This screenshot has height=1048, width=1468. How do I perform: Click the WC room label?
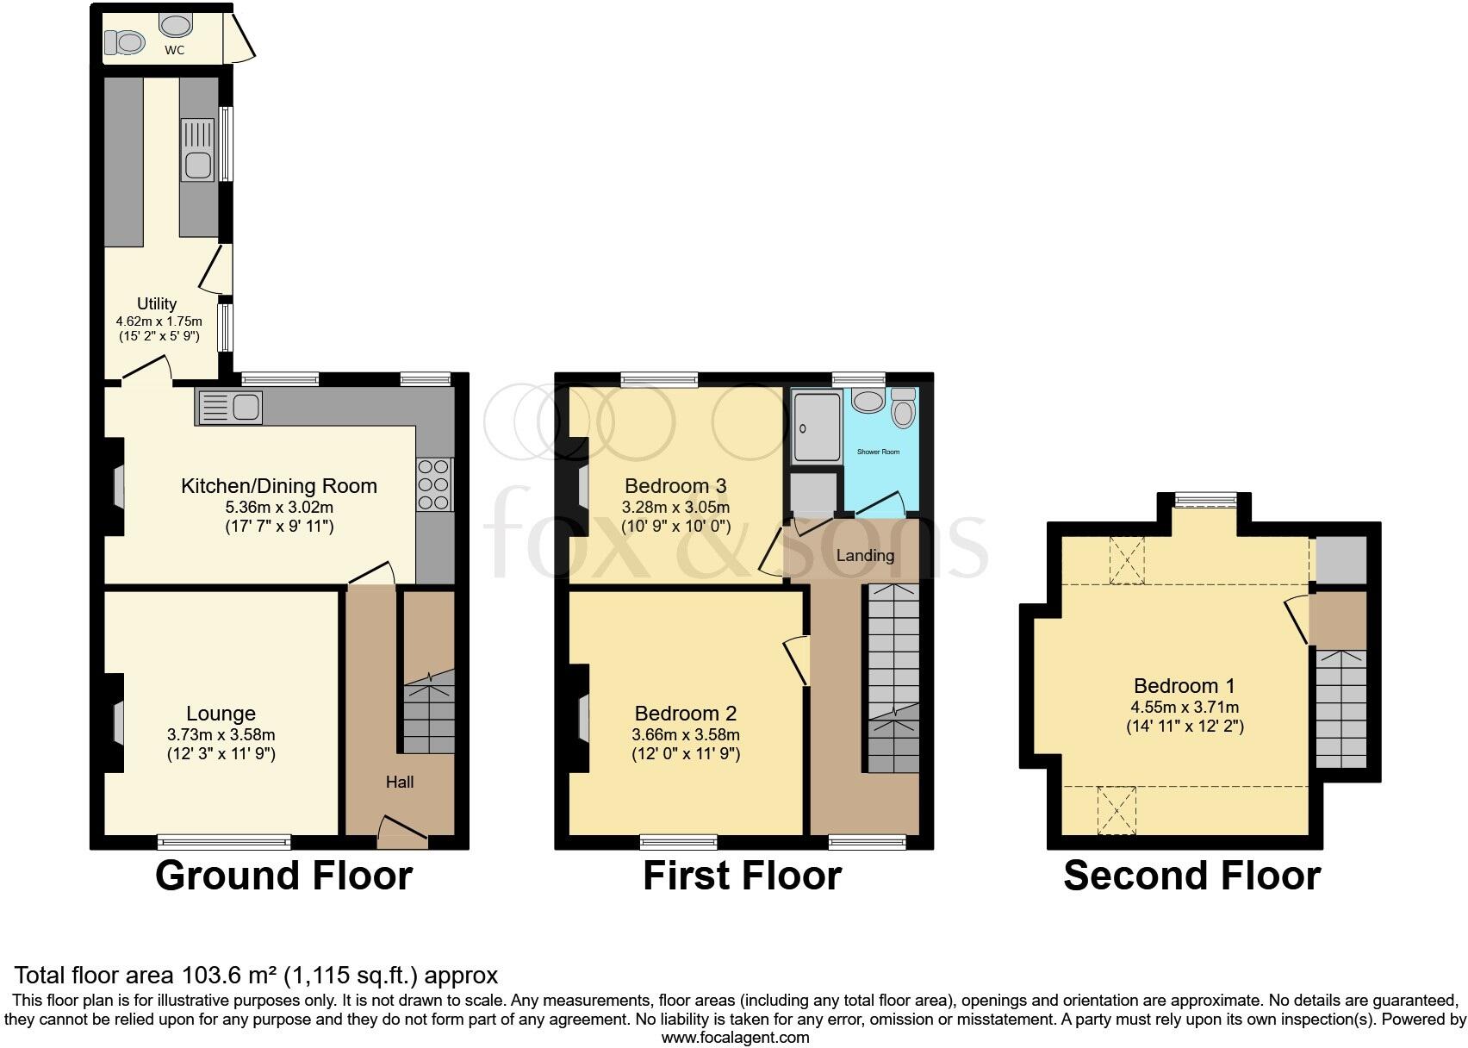tap(174, 50)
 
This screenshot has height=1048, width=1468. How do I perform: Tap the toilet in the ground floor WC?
tap(125, 41)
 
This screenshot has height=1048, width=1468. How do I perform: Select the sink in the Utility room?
tap(197, 150)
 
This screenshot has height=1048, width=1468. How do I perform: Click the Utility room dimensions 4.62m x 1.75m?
tap(159, 321)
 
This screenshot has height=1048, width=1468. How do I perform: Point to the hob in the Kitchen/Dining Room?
tap(435, 484)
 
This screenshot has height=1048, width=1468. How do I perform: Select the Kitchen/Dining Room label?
tap(278, 486)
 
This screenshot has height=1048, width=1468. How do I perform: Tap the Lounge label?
tap(221, 714)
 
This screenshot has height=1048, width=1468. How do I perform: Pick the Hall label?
tap(400, 782)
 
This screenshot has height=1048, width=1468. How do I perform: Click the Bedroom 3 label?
tap(675, 484)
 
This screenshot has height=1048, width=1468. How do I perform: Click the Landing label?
tap(865, 556)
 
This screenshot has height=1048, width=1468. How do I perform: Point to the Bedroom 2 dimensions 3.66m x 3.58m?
tap(687, 735)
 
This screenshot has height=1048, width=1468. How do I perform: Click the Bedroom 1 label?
tap(1184, 686)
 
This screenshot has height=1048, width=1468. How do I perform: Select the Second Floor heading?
tap(1191, 876)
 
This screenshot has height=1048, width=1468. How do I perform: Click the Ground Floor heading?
tap(283, 876)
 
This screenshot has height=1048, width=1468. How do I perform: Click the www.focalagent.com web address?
tap(734, 1038)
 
